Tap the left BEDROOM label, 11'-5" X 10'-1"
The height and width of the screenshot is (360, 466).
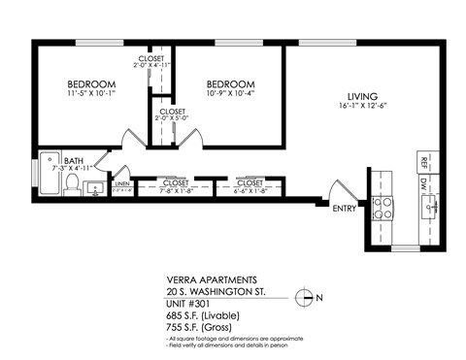click(92, 83)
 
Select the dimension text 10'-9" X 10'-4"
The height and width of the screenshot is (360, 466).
click(231, 94)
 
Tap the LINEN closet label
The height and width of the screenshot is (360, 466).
click(122, 182)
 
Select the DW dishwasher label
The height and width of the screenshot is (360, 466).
click(423, 182)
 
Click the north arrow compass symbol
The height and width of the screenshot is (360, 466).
click(305, 299)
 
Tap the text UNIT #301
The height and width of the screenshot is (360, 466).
click(191, 303)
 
